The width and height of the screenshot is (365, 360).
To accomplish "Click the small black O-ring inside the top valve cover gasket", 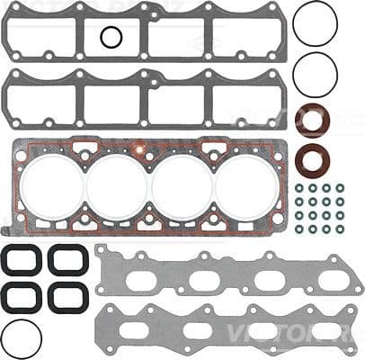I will pos(111,37).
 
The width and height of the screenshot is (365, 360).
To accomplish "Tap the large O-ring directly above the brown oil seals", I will pos(315,72).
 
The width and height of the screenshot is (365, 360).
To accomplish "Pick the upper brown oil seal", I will pos(313,121).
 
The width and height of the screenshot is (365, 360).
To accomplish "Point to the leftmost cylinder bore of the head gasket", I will pos(55,186).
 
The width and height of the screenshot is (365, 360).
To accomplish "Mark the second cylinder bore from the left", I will pos(118,186).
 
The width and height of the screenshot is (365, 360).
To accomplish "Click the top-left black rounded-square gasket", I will pos(19,260).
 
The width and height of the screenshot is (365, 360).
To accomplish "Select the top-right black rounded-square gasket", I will pos(67,260).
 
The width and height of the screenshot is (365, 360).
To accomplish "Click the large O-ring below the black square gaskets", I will pos(21,337).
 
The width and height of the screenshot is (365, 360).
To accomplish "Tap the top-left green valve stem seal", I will pos(298,188).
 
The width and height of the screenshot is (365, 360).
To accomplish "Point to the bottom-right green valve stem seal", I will pos(340,229).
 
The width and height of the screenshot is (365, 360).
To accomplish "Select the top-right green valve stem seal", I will pos(340,188).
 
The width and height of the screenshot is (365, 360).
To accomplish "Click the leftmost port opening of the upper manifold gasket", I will pos(140,280).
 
